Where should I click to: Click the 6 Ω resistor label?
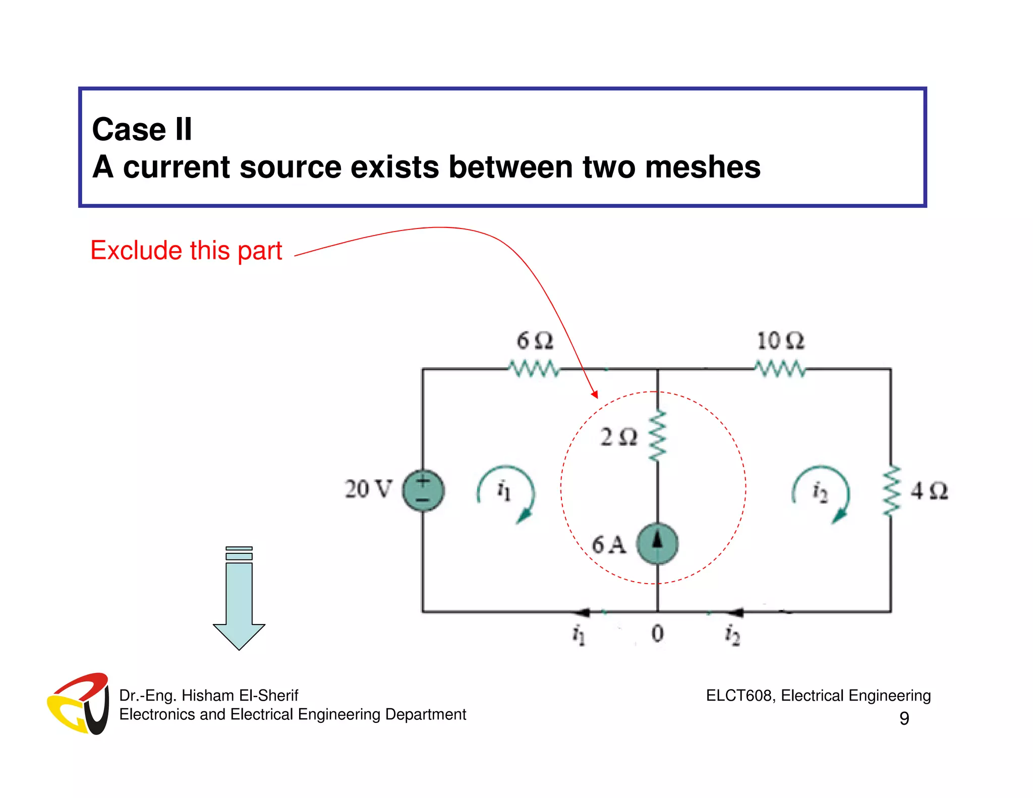[x=535, y=341]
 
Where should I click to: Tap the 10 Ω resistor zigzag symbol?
[x=780, y=369]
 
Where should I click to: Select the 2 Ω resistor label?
[x=619, y=437]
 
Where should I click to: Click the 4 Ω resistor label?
[x=929, y=491]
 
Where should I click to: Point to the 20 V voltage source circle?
[x=423, y=490]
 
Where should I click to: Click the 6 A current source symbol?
[x=657, y=544]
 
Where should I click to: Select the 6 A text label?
[x=609, y=545]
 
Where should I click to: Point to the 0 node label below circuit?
[x=657, y=633]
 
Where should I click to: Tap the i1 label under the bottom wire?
[x=579, y=635]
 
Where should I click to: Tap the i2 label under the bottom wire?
[x=732, y=635]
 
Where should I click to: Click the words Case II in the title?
[x=142, y=129]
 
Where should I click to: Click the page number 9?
[x=904, y=718]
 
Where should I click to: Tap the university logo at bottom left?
[x=79, y=703]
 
